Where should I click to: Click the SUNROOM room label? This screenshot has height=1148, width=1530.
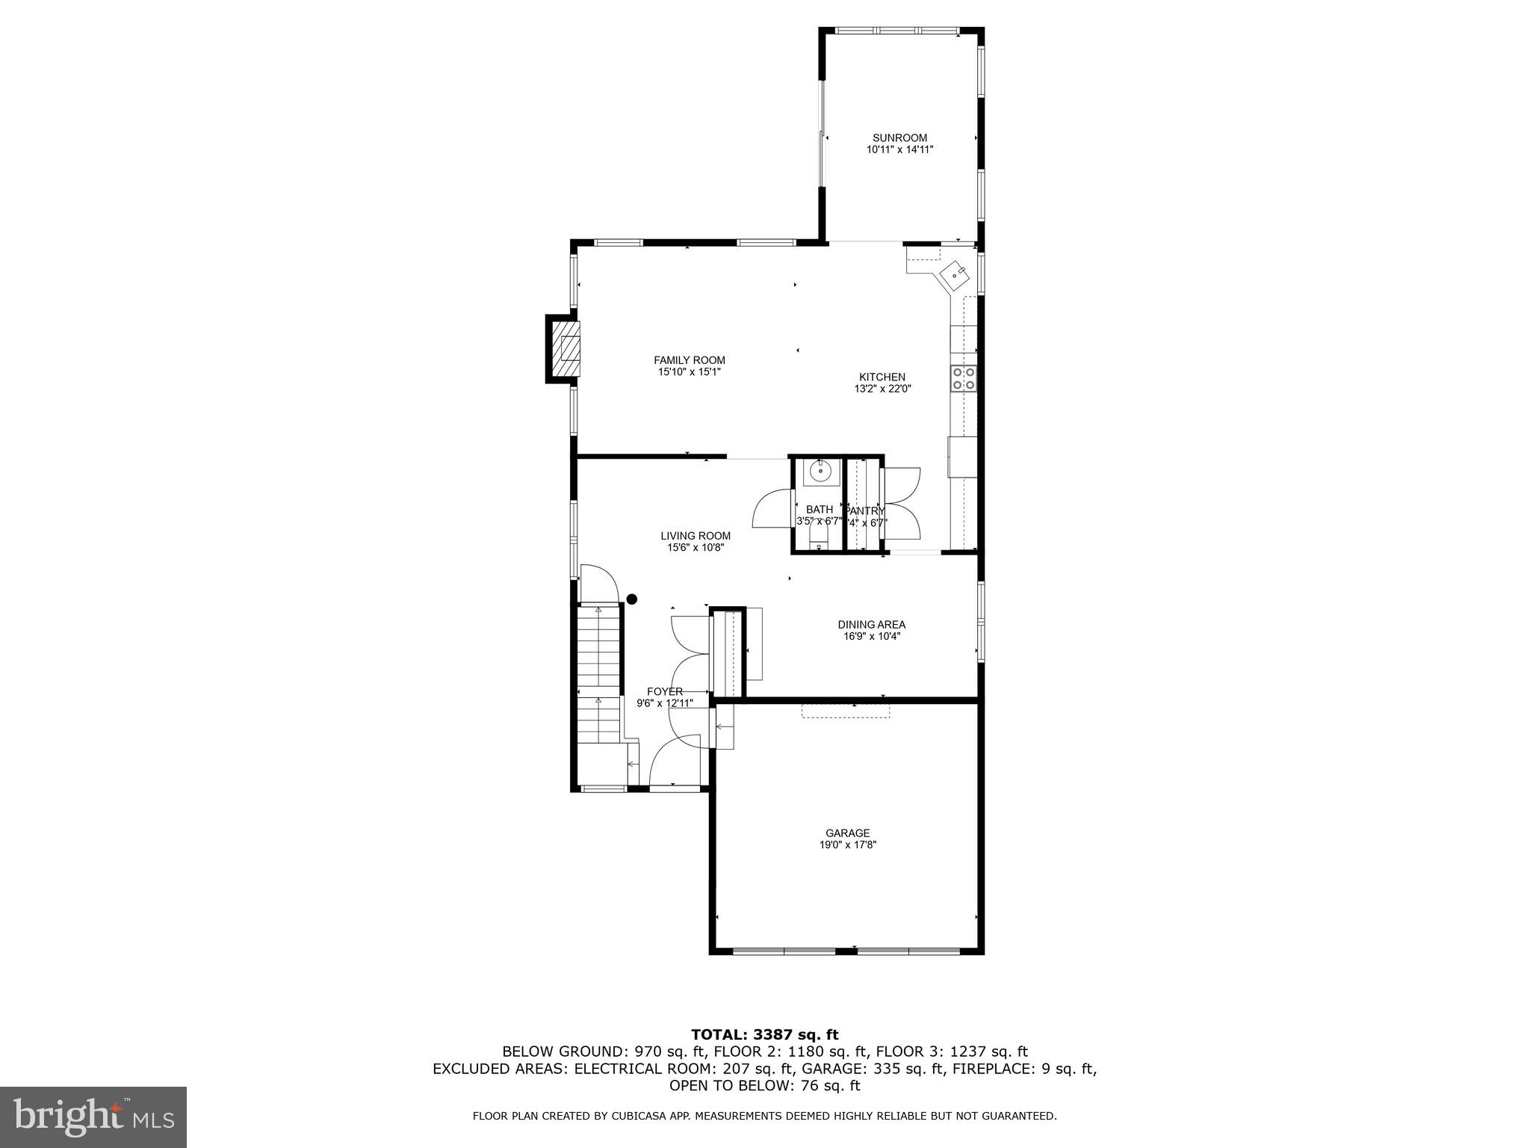click(899, 138)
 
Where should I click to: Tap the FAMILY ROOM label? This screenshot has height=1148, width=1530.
click(689, 360)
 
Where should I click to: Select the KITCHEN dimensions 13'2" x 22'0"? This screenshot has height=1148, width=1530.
click(882, 389)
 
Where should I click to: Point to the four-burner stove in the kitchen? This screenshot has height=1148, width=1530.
click(963, 378)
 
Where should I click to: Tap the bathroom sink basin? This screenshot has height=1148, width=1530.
click(820, 473)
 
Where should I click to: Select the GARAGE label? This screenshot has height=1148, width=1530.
click(847, 833)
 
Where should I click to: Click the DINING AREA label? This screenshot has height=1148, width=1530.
click(871, 625)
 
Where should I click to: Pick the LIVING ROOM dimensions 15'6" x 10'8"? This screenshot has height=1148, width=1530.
click(696, 547)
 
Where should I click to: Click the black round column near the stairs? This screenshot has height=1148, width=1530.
click(632, 599)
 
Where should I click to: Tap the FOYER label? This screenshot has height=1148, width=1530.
click(664, 691)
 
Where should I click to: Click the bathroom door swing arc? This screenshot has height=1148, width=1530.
click(769, 510)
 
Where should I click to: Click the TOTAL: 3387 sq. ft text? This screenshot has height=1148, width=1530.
click(764, 1034)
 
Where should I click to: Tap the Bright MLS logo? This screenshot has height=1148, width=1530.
click(93, 1117)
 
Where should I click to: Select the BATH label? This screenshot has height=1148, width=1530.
click(819, 510)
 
